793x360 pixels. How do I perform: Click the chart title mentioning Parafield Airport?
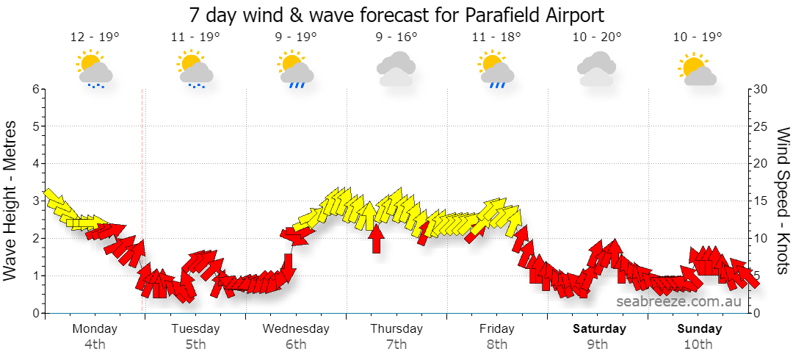(396, 15)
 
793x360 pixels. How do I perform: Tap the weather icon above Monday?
(95, 69)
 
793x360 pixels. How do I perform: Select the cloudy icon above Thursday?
(396, 69)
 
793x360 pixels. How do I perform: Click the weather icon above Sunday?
(698, 69)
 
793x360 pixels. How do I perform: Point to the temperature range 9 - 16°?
(396, 37)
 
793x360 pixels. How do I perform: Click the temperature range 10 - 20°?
(597, 37)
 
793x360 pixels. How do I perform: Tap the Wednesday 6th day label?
(296, 336)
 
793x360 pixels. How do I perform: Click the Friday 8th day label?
(497, 336)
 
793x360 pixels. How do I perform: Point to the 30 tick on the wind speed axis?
(761, 89)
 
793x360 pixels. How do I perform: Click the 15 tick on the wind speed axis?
(761, 201)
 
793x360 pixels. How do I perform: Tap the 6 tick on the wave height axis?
(35, 89)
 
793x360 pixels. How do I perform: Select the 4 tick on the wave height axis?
(35, 164)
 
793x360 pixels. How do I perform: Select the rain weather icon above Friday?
(497, 69)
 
